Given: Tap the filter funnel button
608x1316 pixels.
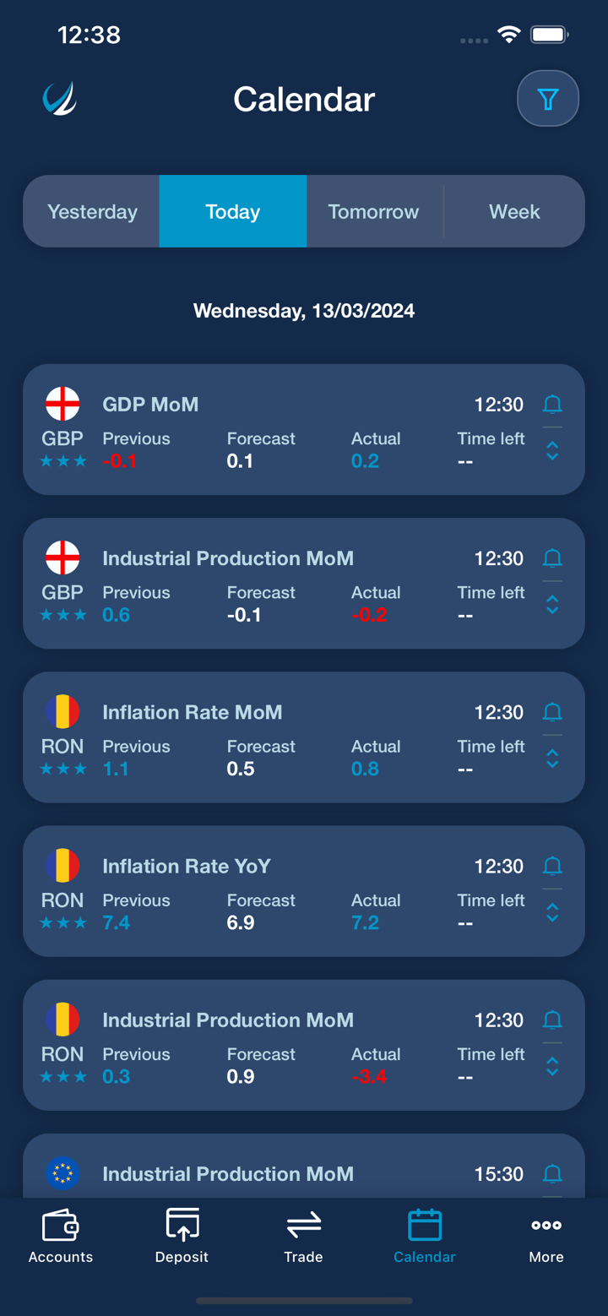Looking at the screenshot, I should coord(548,100).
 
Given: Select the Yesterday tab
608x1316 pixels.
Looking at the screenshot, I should coord(92,212).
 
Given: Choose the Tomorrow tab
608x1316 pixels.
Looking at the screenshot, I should coord(373,212).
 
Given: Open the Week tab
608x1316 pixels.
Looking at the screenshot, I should coord(514,212).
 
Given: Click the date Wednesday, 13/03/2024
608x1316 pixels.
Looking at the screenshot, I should coord(304,311).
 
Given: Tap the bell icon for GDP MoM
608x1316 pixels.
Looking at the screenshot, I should coord(552,405).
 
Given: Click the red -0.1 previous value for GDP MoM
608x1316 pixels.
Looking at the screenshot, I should coord(119,461).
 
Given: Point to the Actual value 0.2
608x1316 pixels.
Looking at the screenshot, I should coord(365,461).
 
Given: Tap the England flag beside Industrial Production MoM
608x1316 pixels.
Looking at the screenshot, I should coord(62,558).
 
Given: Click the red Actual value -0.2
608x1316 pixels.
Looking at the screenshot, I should coord(369,615).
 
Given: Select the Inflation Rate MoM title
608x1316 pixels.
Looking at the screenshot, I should coord(193,712).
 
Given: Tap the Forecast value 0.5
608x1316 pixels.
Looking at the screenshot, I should coord(241,769).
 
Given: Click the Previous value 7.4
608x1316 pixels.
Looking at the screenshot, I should coord(116,922).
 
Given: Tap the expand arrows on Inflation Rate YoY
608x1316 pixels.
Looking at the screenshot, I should coord(552,912).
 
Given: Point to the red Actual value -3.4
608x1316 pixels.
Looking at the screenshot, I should coord(369,1076).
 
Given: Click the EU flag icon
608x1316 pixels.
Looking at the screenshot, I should coord(62,1173).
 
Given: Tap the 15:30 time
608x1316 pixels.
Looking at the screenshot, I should coord(498,1174).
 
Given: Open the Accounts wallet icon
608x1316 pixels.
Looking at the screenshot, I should coord(61,1226).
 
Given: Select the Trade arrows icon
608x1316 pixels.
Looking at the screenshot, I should coord(303,1225).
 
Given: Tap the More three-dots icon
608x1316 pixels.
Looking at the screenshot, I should coord(546,1226).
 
